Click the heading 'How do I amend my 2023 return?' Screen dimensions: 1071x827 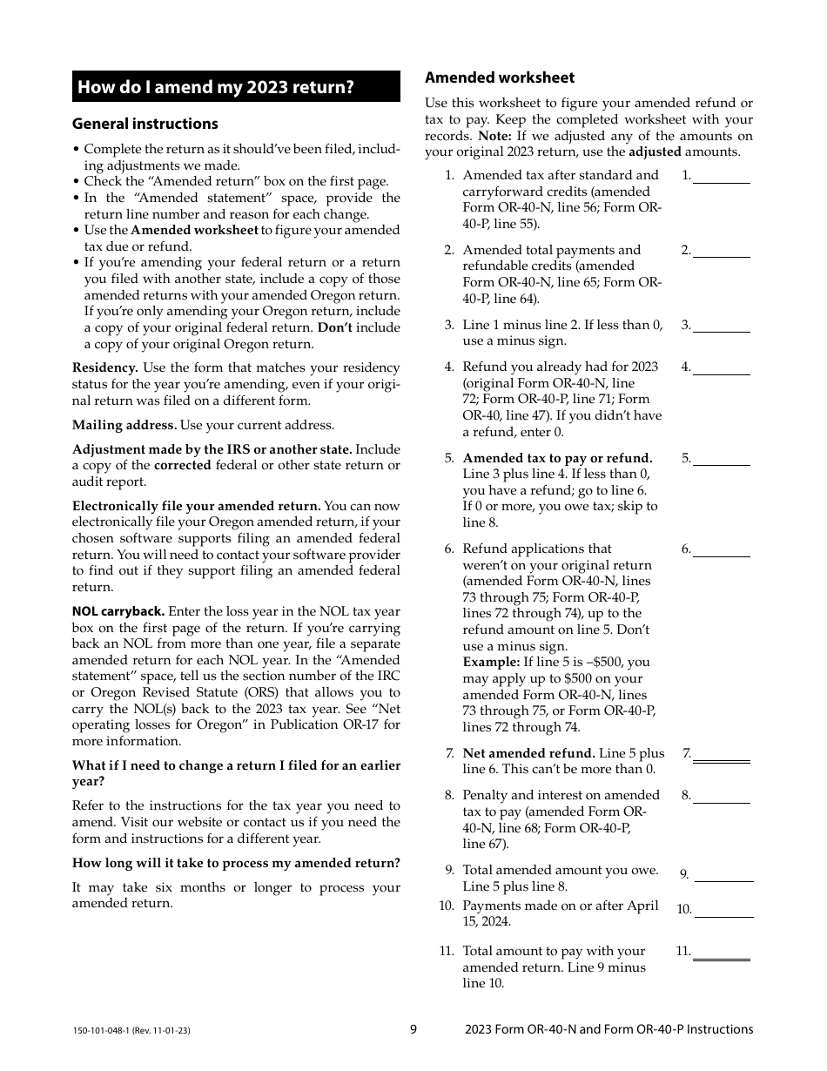point(216,87)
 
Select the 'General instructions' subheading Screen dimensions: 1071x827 point(145,124)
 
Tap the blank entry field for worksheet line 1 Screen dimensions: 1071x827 point(721,176)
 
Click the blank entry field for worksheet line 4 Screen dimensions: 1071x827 point(721,367)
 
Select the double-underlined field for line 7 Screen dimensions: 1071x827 point(721,755)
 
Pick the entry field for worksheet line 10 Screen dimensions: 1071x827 point(723,910)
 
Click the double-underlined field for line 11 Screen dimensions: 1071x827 point(721,953)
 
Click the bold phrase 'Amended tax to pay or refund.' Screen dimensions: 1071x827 point(557,458)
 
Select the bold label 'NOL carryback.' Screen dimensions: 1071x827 point(118,611)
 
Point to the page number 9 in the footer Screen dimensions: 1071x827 point(413,1029)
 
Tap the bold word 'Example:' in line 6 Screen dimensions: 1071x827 point(488,662)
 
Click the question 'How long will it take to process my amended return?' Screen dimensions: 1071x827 point(236,863)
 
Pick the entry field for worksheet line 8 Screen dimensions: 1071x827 point(721,796)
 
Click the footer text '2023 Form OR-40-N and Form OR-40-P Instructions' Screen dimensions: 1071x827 point(608,1029)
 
